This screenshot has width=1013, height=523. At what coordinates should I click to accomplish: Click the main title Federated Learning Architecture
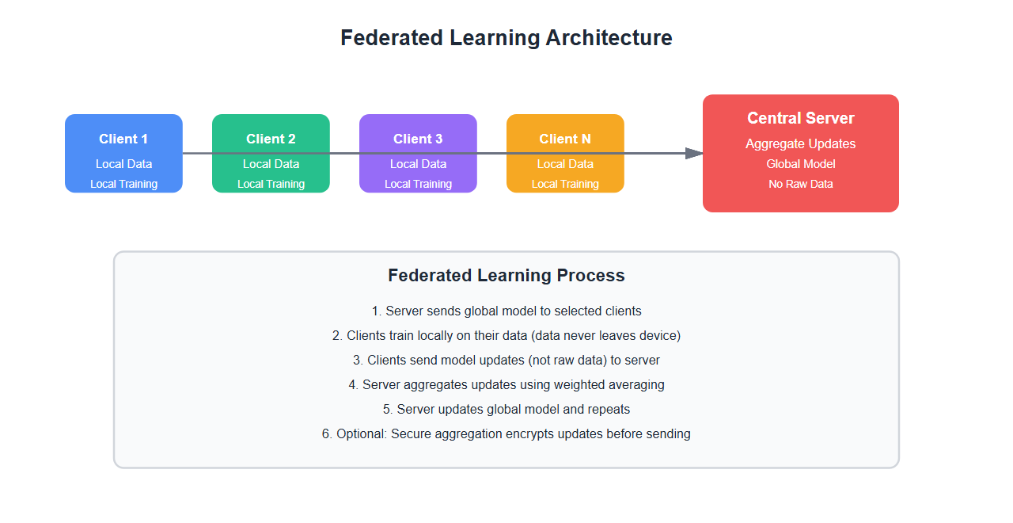click(x=506, y=38)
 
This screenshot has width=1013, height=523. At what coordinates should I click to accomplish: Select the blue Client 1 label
click(x=123, y=139)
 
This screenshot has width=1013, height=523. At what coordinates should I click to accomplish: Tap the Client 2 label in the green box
click(x=271, y=139)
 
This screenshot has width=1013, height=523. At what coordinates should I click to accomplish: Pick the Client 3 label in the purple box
click(x=418, y=139)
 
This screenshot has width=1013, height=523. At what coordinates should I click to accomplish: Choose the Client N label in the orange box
click(x=565, y=139)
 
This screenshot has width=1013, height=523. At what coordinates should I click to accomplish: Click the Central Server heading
click(x=801, y=118)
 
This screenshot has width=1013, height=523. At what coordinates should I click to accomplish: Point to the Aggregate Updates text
click(x=801, y=143)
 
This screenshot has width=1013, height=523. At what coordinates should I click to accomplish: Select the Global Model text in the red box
click(x=801, y=164)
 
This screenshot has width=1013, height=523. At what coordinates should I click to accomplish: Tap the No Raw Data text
click(x=801, y=184)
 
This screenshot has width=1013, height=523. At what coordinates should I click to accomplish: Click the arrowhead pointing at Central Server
click(x=694, y=153)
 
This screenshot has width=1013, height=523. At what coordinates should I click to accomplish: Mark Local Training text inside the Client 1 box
click(x=123, y=184)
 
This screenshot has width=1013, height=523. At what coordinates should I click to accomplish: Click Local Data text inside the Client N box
click(x=565, y=164)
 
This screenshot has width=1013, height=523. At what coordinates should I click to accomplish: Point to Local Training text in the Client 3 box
click(x=418, y=184)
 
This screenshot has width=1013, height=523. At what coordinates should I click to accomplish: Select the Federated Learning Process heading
click(x=506, y=276)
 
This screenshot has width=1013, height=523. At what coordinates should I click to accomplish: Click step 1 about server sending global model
click(x=506, y=311)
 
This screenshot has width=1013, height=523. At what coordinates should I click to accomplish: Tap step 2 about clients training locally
click(x=506, y=335)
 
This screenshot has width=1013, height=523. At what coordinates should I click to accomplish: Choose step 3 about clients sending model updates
click(x=506, y=360)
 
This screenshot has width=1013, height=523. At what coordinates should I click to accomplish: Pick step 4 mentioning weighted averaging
click(x=506, y=384)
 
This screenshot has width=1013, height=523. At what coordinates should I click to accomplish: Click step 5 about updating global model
click(x=506, y=409)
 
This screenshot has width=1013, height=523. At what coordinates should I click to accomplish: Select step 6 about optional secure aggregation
click(x=506, y=433)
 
